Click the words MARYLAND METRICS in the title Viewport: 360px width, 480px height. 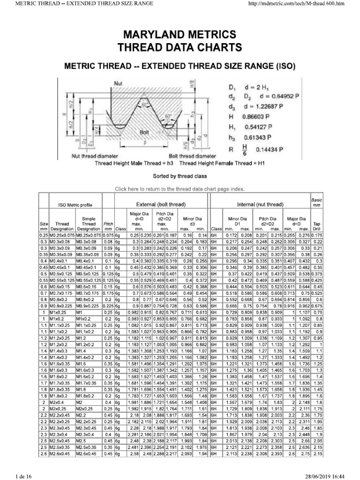[180, 35]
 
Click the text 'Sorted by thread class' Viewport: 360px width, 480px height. [180, 176]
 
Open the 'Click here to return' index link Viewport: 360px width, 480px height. [180, 189]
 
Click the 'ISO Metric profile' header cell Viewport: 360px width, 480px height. [75, 205]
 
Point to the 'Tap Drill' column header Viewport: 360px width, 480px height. [317, 226]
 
